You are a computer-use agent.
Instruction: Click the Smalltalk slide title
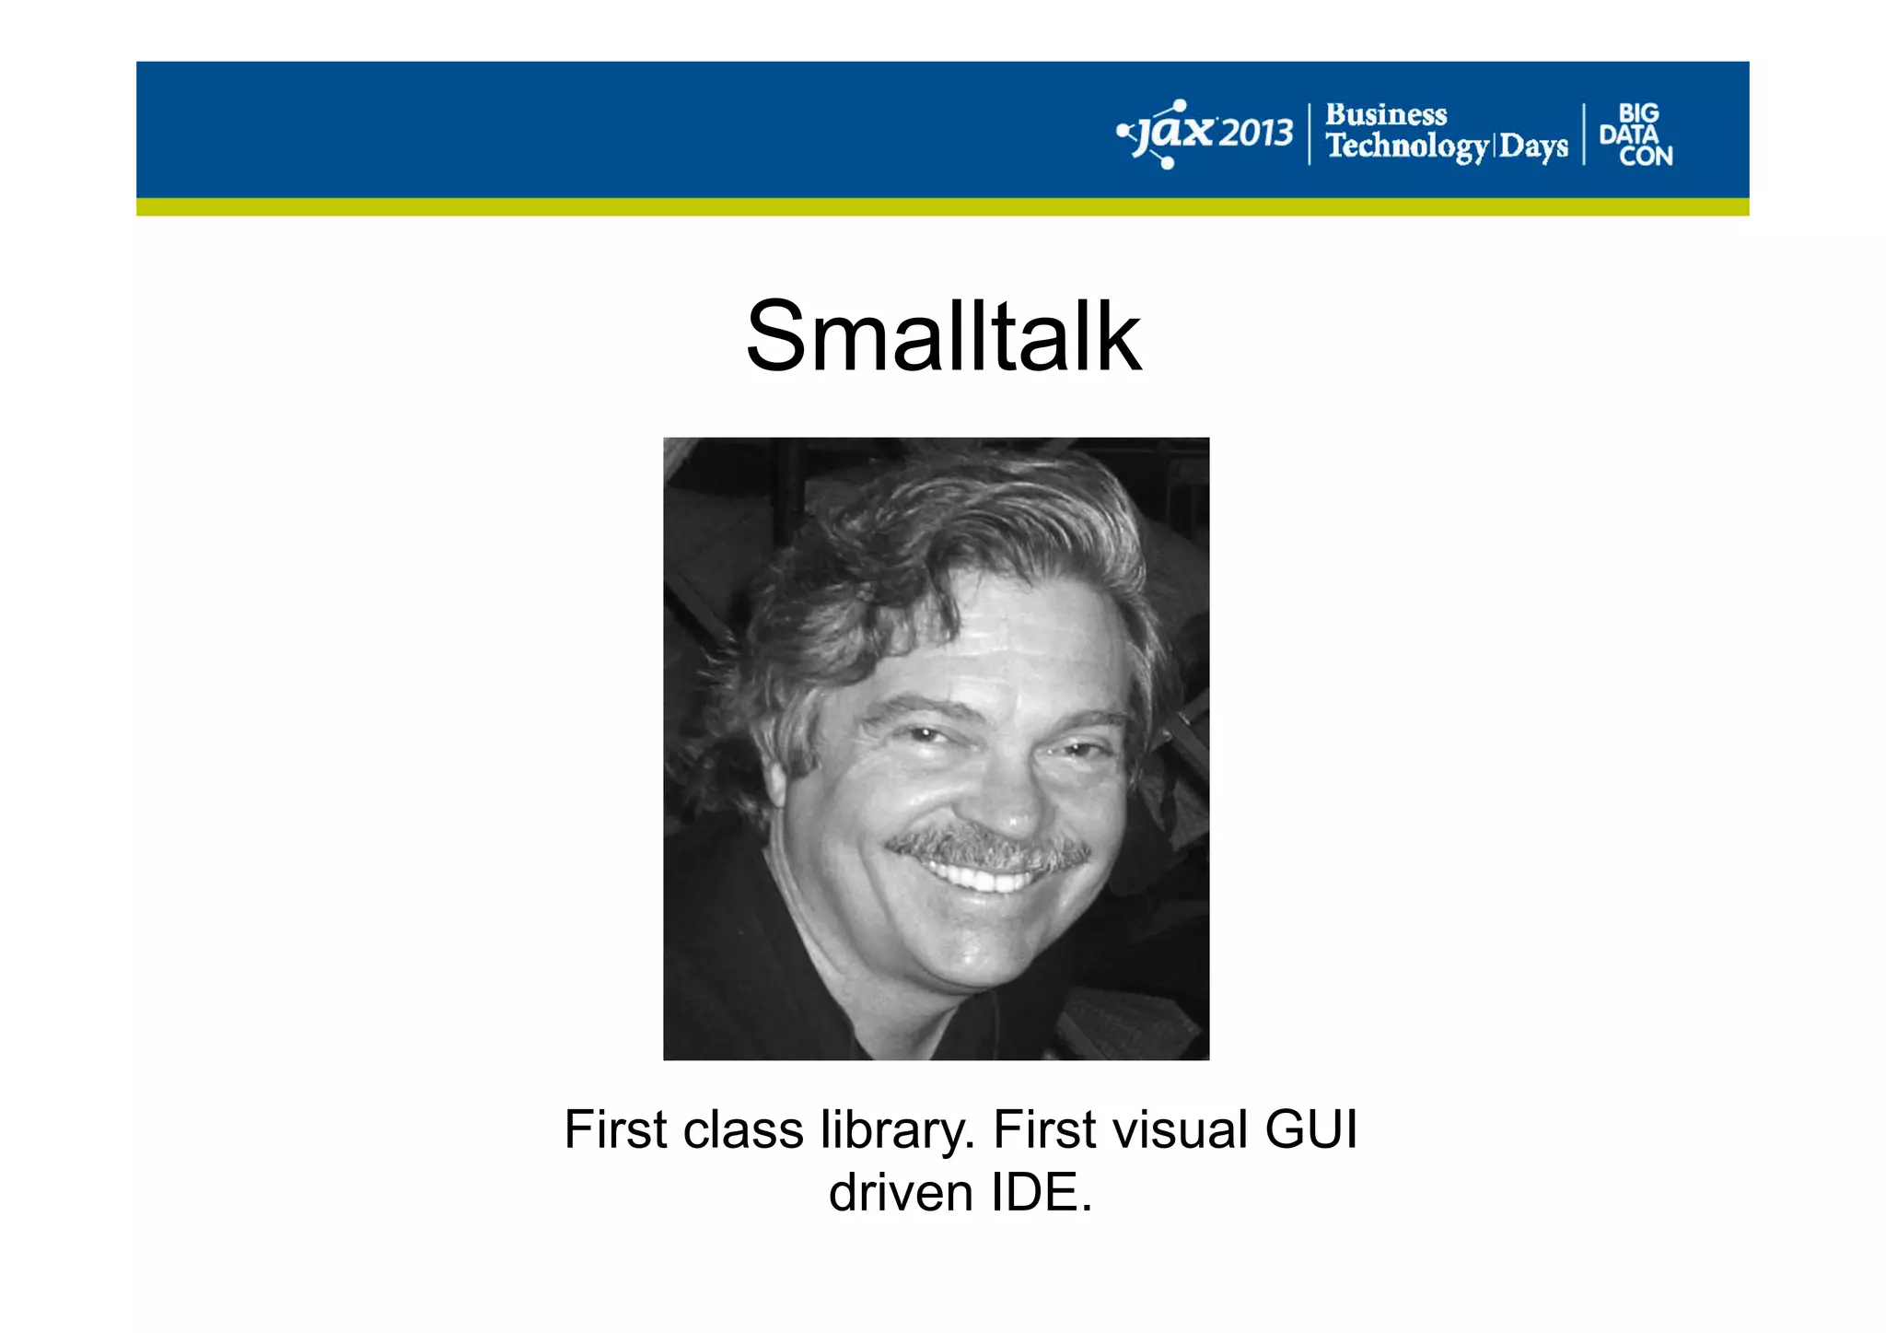coord(943,336)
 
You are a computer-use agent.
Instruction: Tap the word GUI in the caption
coord(1310,1129)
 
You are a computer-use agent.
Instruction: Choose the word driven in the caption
coord(901,1192)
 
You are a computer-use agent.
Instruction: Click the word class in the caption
coord(743,1129)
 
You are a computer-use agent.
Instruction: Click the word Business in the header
coord(1386,114)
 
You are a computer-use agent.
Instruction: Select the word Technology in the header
coord(1406,146)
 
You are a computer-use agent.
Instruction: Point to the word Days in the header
coord(1533,146)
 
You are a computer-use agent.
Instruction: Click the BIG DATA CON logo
coord(1636,134)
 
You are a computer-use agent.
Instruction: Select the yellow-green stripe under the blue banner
coord(943,207)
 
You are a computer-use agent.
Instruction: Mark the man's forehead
coord(1022,636)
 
